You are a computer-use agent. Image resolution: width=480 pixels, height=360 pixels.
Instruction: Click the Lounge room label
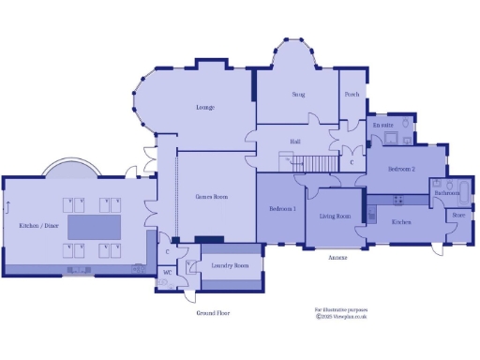click(205, 108)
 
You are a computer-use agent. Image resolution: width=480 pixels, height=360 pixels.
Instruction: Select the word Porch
click(352, 95)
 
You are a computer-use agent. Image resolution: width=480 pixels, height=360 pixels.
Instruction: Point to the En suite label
click(382, 125)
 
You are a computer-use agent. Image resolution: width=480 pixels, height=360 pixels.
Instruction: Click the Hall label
click(295, 142)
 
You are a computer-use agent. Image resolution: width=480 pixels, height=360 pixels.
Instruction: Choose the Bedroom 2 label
click(402, 169)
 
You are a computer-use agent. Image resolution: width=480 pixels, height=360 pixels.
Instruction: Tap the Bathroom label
click(445, 193)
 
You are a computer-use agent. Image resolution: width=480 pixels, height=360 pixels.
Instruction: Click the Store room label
click(458, 215)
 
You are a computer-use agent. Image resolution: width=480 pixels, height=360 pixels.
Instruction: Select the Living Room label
click(335, 217)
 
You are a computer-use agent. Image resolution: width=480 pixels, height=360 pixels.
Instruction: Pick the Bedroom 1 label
click(282, 208)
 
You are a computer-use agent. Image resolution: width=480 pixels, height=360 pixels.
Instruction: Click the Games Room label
click(212, 197)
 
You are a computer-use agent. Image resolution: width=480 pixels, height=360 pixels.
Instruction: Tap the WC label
click(167, 273)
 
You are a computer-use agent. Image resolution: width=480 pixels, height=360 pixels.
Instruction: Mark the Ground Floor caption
click(213, 313)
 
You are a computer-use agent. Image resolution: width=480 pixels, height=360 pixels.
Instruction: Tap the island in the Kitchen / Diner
click(91, 227)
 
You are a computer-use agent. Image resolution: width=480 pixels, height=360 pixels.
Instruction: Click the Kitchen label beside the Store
click(401, 222)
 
